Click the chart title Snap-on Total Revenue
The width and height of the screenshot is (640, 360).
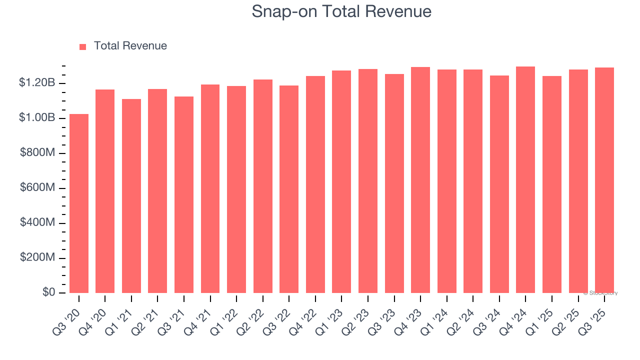[x=341, y=11]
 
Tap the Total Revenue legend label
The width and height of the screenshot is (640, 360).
[x=130, y=46]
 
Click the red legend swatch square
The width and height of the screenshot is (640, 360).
[x=83, y=46]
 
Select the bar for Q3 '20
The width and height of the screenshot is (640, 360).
[x=79, y=203]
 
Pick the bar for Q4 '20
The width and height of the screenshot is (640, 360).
[x=105, y=191]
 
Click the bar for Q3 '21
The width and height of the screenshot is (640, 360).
[x=184, y=194]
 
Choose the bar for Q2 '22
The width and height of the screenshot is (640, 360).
[x=262, y=186]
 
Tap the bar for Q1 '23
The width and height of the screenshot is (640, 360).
[x=341, y=181]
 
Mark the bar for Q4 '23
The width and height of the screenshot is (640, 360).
[x=420, y=180]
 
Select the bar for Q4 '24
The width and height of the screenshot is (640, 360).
[x=525, y=179]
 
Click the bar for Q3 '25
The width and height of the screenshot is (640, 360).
[x=604, y=180]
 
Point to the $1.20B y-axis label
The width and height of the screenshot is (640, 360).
[x=37, y=83]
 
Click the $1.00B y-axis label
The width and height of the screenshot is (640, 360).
[x=37, y=118]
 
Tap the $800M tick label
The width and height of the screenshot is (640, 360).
[x=37, y=153]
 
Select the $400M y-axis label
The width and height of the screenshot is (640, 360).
[x=37, y=222]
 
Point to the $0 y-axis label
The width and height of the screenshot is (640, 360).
[x=48, y=292]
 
